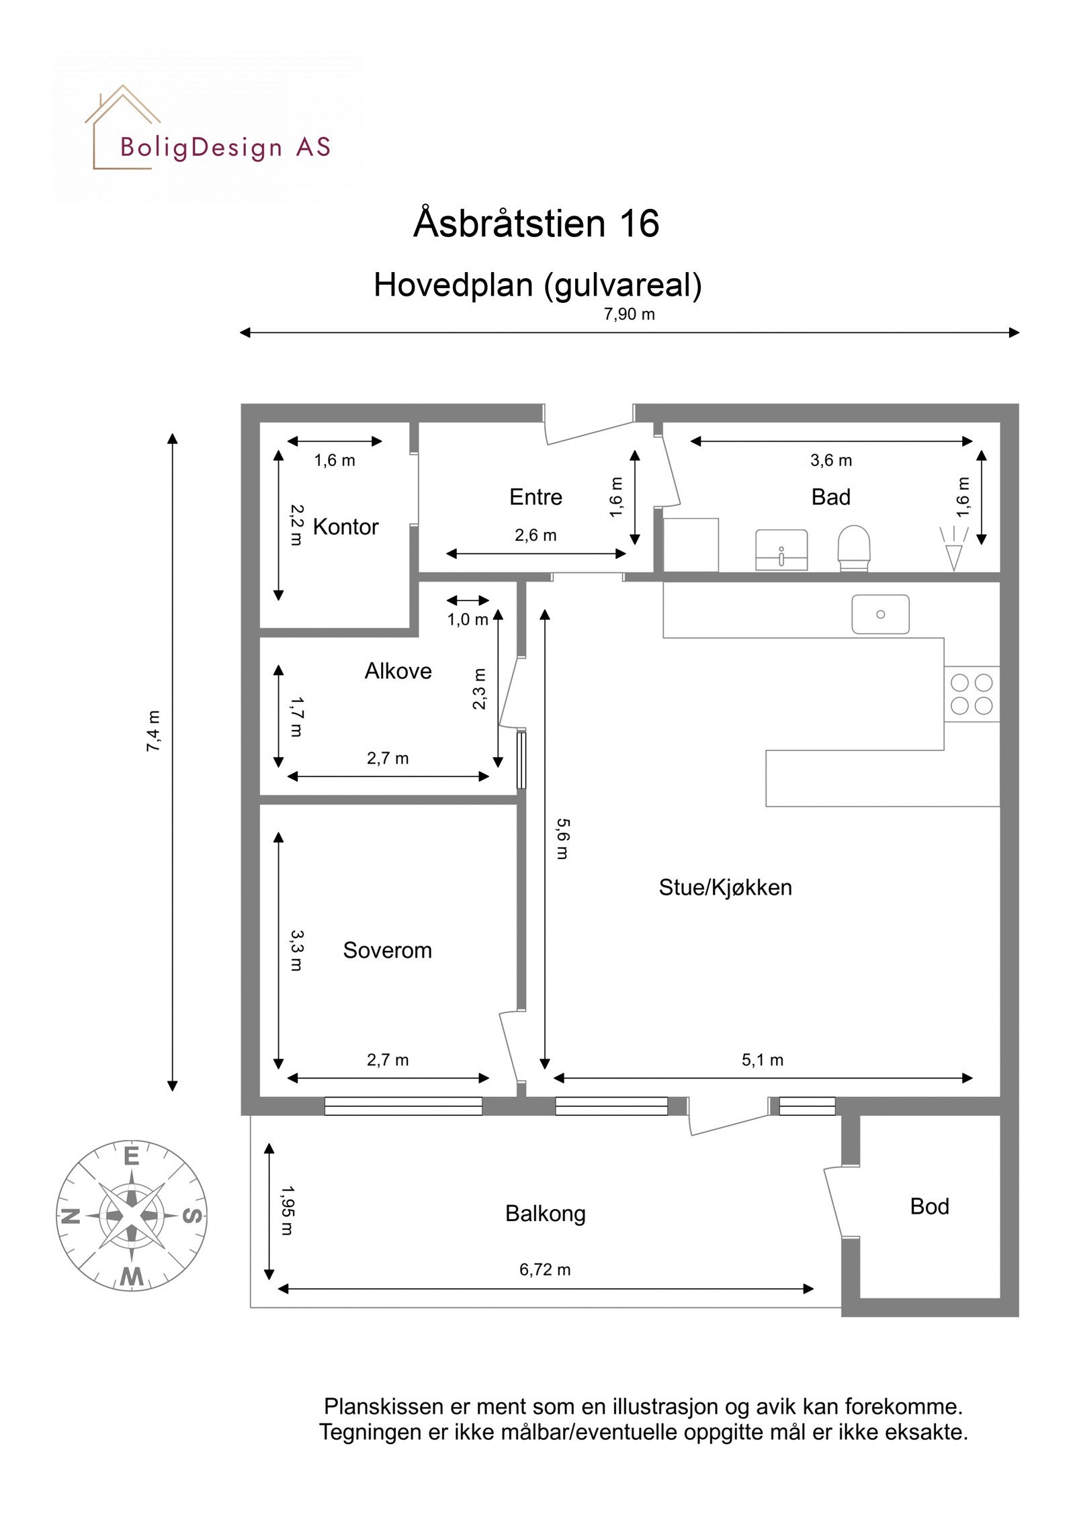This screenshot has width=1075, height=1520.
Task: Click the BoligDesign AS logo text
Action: (225, 147)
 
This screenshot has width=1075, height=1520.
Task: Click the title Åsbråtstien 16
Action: (536, 223)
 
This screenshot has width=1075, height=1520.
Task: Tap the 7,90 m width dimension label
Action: (629, 314)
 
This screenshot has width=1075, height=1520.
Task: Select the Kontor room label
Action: (345, 527)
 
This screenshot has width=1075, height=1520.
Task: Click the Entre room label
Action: (535, 497)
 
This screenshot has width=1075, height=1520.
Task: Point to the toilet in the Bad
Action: (853, 547)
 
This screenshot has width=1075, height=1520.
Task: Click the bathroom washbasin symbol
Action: (781, 549)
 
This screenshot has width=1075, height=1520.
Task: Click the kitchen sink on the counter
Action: (880, 614)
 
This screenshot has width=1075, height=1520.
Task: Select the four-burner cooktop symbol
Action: (972, 694)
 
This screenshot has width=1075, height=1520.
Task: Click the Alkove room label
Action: (398, 671)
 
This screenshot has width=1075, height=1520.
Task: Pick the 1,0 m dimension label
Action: (468, 620)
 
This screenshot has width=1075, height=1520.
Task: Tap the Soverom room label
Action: (387, 950)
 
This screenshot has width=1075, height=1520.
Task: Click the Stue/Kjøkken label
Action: (725, 887)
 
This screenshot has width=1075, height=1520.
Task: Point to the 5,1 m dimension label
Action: (762, 1060)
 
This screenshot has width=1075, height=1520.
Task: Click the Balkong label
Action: (545, 1214)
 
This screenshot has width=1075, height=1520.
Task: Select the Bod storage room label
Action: (929, 1206)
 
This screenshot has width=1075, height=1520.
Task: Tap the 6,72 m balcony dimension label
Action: (544, 1269)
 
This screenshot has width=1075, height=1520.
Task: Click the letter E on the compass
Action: (132, 1157)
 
